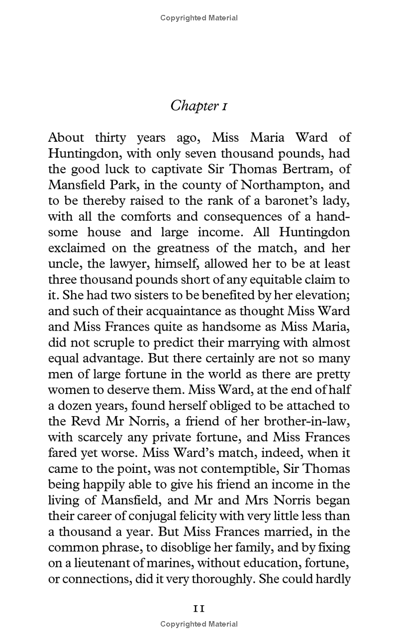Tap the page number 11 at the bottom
pos(199,609)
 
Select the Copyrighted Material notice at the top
pos(199,18)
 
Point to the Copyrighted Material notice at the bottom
pos(199,624)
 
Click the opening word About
pos(67,138)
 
